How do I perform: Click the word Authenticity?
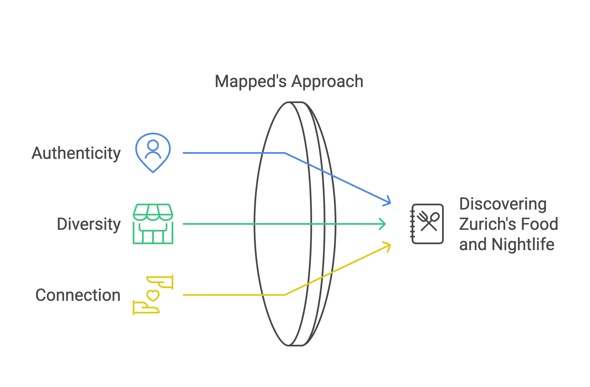76,154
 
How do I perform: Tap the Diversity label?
89,224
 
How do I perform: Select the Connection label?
78,295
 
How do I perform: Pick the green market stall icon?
153,224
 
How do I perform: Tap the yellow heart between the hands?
153,296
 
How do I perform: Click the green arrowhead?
383,224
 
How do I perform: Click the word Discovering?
503,204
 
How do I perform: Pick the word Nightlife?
523,244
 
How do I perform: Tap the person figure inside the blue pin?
153,150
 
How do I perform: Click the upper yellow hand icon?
160,282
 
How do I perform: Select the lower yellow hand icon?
146,308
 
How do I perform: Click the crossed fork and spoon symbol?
428,221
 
